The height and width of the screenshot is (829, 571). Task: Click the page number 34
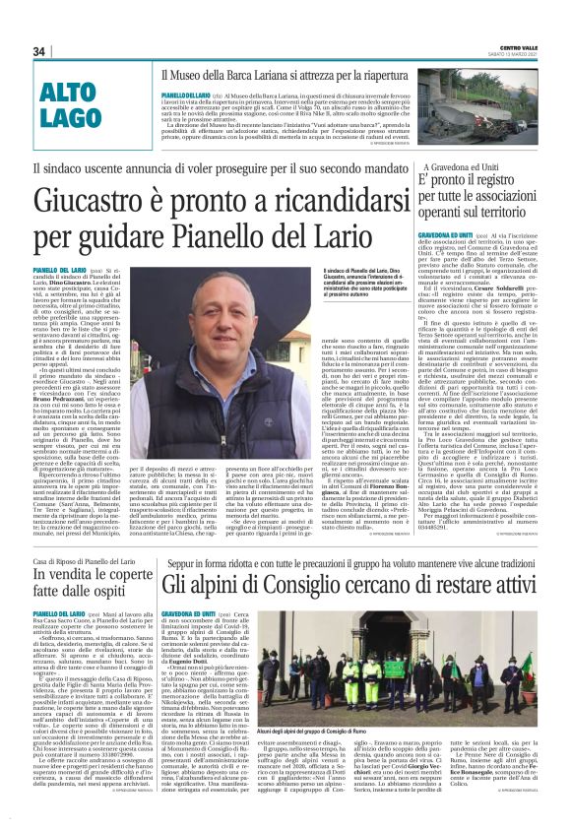40,51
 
